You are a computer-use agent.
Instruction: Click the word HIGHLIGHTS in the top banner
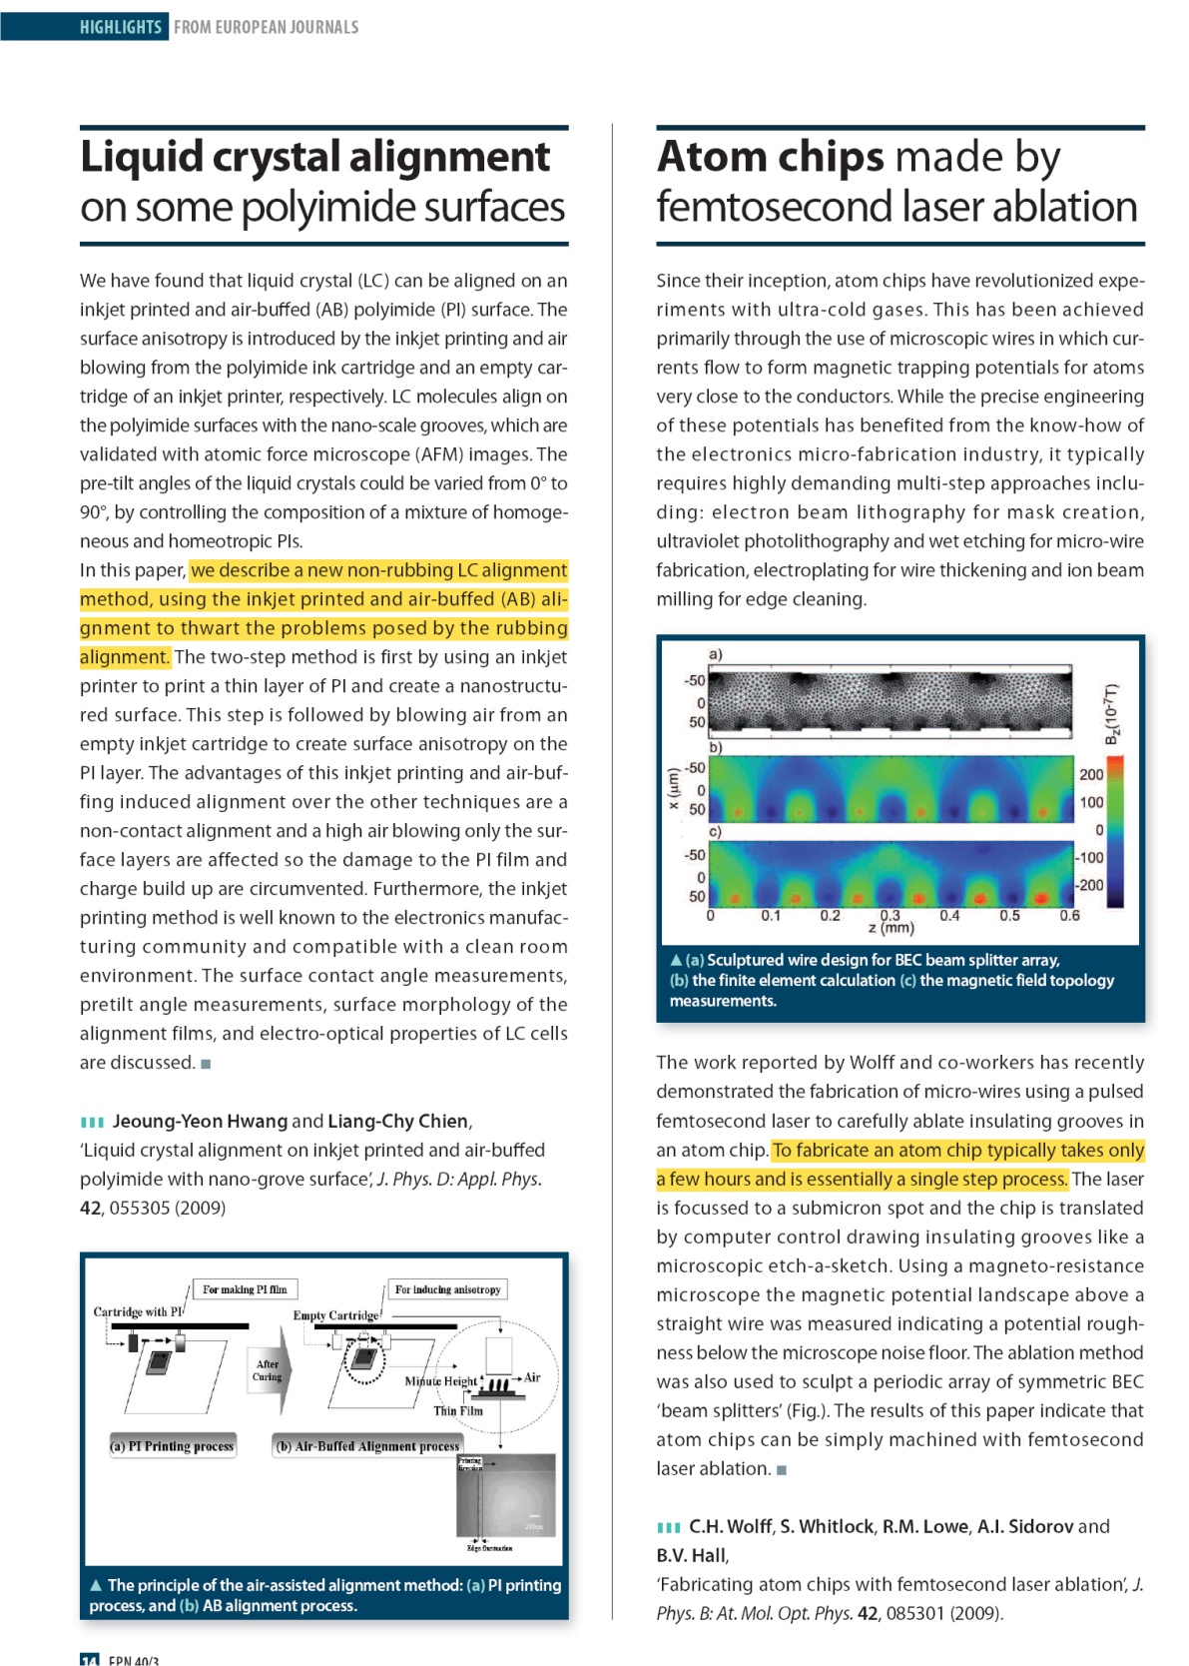[x=121, y=27]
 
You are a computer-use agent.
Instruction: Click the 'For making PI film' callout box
[x=245, y=1289]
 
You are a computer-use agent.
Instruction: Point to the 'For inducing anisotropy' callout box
[x=447, y=1289]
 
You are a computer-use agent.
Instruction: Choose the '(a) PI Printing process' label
[x=173, y=1445]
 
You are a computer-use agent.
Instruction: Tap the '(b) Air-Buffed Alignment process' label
[x=368, y=1445]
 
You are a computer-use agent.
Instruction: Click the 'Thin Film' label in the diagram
[x=457, y=1411]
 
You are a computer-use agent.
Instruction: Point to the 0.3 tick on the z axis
[x=890, y=915]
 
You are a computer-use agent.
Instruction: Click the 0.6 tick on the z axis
[x=1069, y=915]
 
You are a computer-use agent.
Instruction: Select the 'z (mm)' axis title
[x=892, y=928]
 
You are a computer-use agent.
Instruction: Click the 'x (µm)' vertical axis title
[x=673, y=789]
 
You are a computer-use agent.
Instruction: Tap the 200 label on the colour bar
[x=1091, y=774]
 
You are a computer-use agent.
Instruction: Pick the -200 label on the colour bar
[x=1089, y=885]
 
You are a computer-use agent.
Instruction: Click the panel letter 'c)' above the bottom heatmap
[x=715, y=831]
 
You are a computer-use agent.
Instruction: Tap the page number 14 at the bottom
[x=90, y=1660]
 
